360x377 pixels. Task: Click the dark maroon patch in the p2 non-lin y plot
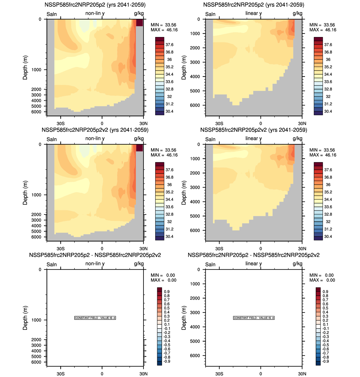pos(140,23)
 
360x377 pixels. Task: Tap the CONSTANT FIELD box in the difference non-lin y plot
pos(95,318)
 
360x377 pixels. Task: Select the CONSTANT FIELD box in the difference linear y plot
pos(254,318)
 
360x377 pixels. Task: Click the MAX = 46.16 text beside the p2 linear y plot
pos(323,30)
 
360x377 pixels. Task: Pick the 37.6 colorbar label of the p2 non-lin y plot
pos(169,45)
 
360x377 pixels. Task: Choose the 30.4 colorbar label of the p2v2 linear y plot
pos(328,237)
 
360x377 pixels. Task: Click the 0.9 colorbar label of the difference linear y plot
pos(325,292)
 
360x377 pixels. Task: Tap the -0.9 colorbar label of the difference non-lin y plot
pos(167,361)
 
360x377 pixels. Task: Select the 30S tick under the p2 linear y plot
pos(219,124)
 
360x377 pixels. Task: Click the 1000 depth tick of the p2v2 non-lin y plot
pos(36,195)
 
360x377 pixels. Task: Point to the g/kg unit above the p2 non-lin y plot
pos(139,13)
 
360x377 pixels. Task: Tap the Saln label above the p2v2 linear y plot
pos(210,139)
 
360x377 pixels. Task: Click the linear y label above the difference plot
pos(254,264)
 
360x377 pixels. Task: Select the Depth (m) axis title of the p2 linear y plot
pos(184,68)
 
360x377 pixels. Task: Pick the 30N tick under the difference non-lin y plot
pos(143,374)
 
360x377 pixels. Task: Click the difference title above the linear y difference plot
pos(254,255)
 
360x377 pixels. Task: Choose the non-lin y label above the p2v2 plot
pos(95,138)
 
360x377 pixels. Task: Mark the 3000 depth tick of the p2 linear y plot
pos(195,62)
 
